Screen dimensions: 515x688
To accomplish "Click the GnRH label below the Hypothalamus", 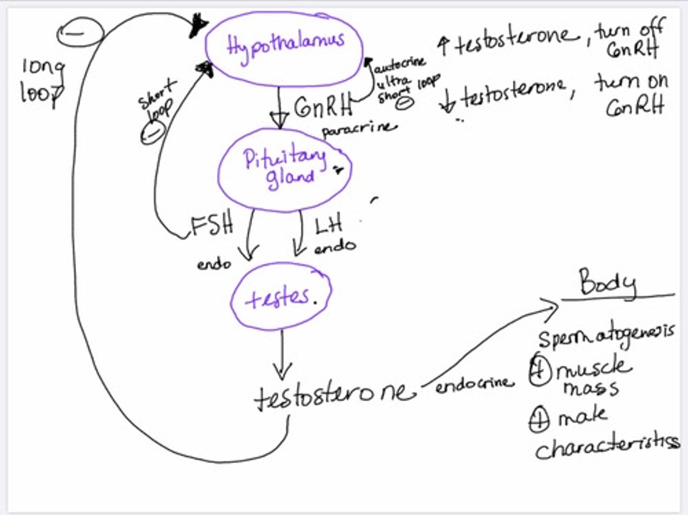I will (323, 108).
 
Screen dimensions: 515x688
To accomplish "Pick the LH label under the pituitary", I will (329, 225).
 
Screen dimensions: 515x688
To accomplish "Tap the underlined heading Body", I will (607, 283).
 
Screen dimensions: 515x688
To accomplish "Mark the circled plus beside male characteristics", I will (539, 420).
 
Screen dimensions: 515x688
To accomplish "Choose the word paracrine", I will (359, 129).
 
